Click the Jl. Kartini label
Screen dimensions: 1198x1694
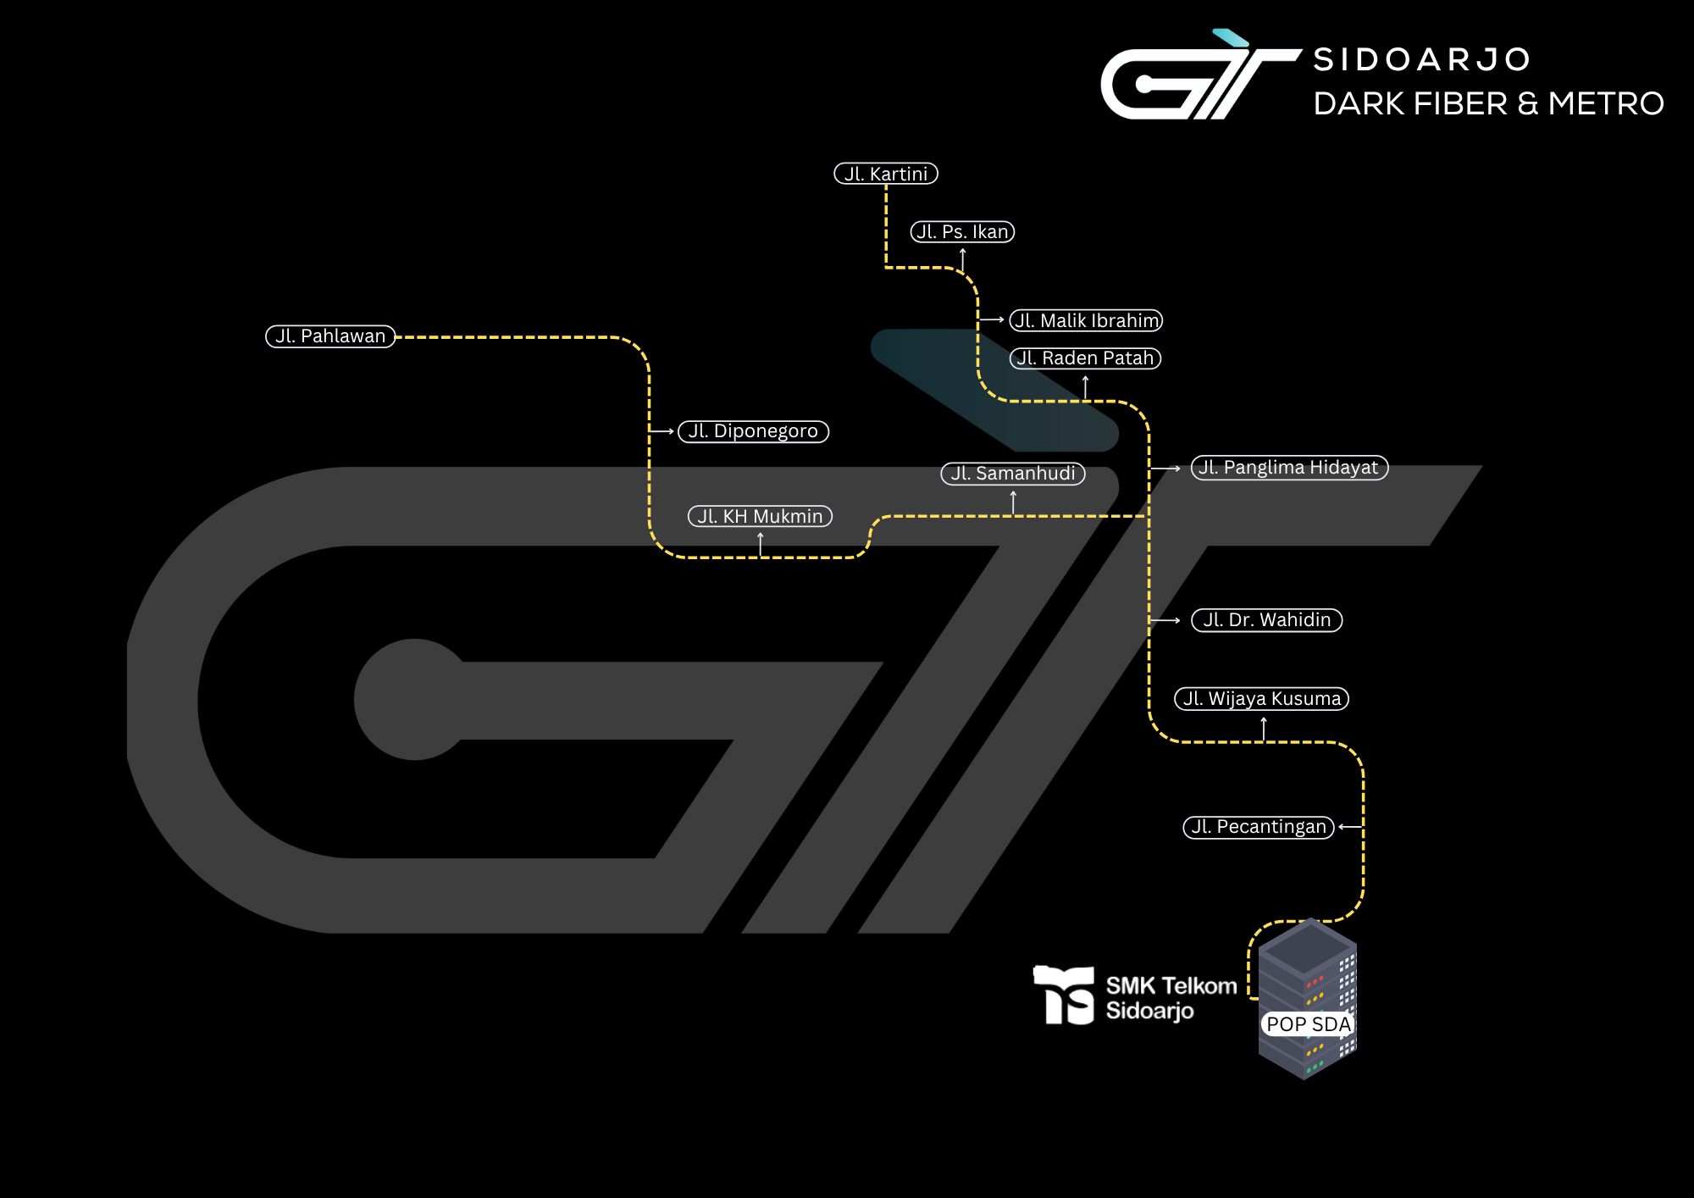point(886,174)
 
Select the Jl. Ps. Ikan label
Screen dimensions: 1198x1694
point(962,232)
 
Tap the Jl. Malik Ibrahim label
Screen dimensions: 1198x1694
point(1086,320)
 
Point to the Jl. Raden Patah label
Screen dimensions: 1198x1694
point(1085,358)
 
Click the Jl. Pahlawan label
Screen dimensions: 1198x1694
point(330,336)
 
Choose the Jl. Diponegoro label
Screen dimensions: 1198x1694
point(753,431)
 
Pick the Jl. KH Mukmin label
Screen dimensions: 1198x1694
point(760,516)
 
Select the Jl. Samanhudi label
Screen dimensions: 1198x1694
point(1013,474)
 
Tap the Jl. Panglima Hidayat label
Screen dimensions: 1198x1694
point(1289,468)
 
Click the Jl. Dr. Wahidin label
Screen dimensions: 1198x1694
point(1266,620)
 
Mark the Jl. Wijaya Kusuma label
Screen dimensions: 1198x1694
point(1261,699)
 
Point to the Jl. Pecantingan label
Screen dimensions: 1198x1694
point(1259,827)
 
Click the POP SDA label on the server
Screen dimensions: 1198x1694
point(1308,1024)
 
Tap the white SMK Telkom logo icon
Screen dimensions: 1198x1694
point(1064,996)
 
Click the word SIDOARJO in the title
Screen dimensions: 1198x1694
point(1422,59)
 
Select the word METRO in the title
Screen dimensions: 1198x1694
point(1606,103)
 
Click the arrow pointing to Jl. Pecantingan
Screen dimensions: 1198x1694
point(1350,827)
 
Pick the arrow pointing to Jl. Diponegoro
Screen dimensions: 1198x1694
point(662,431)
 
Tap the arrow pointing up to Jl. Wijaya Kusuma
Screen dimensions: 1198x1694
point(1263,728)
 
